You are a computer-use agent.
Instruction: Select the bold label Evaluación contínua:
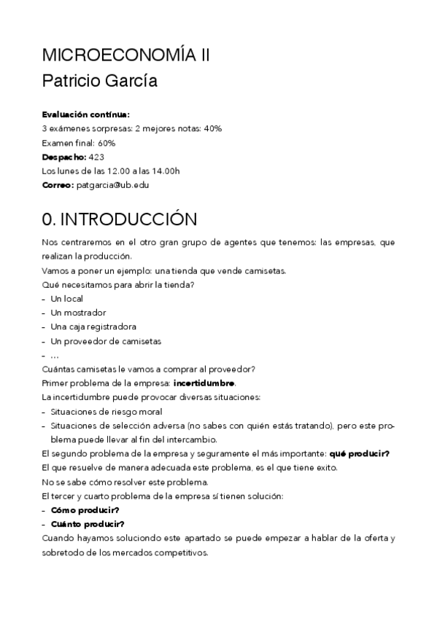[x=86, y=114]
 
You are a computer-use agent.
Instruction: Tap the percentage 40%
[x=212, y=128]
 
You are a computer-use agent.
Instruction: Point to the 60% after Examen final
[x=106, y=143]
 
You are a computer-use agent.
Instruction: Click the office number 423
[x=98, y=157]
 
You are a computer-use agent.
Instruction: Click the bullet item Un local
[x=67, y=299]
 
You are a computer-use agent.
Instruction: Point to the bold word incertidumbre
[x=204, y=383]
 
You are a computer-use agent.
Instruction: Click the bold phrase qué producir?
[x=359, y=454]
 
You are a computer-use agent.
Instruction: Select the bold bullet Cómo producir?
[x=85, y=510]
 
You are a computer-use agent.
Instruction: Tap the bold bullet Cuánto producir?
[x=88, y=524]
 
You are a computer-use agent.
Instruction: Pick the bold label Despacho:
[x=64, y=157]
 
